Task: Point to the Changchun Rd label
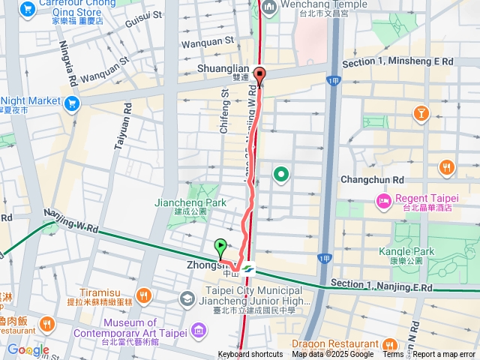coord(372,180)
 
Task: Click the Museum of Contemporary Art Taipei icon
coord(198,329)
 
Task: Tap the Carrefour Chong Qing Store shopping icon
coord(28,10)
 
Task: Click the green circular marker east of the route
coord(282,175)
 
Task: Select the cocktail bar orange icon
coord(421,113)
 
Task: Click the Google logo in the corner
coord(28,349)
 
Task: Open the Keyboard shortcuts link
coord(250,355)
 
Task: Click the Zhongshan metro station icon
coord(249,268)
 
